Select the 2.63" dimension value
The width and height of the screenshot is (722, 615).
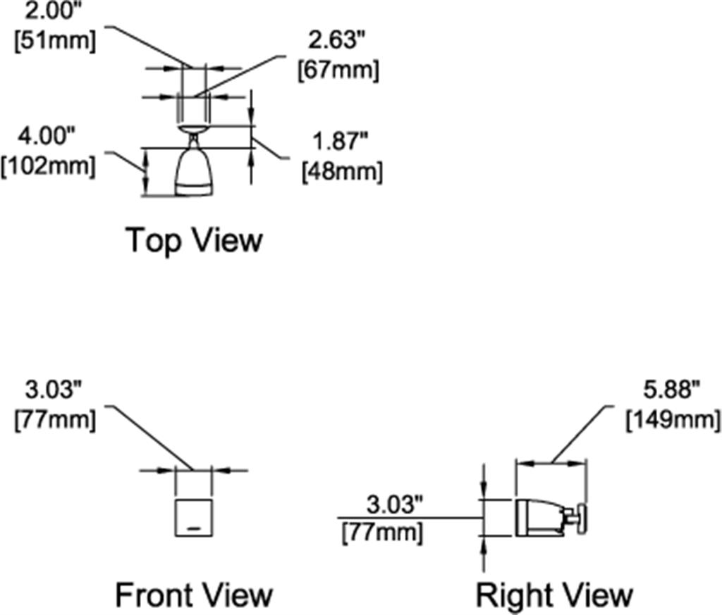(x=338, y=40)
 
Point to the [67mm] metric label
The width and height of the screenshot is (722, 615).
(x=338, y=71)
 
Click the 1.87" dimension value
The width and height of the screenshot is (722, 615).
(x=341, y=141)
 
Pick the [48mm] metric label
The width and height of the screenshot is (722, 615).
(x=342, y=172)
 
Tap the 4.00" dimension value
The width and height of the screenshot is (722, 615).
(x=46, y=136)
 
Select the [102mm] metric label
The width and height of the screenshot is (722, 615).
(x=49, y=166)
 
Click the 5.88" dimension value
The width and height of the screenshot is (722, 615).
(x=671, y=390)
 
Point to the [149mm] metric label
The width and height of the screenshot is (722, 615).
(x=673, y=421)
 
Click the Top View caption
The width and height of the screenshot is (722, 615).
(x=194, y=240)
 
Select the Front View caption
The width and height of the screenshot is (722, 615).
(x=194, y=595)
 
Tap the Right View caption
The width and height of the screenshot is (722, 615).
(x=554, y=595)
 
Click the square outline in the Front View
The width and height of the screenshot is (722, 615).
(x=176, y=518)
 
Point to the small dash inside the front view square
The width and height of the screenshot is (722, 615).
(x=194, y=528)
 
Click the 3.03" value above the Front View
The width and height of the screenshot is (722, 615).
(x=54, y=390)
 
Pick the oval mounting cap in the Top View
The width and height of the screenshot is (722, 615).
(x=193, y=129)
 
